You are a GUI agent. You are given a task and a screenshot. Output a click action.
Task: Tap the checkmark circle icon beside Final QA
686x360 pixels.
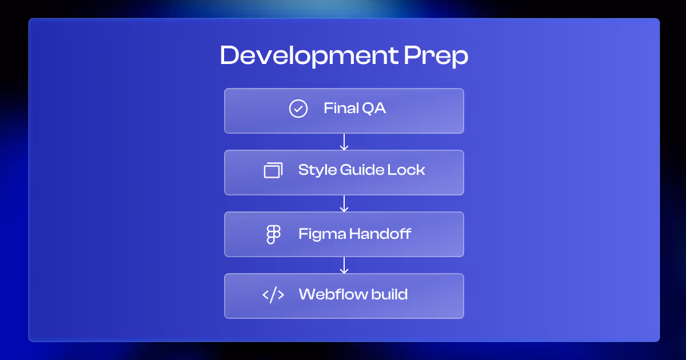coord(298,109)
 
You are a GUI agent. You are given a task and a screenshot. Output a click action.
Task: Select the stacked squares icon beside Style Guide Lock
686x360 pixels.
coord(273,170)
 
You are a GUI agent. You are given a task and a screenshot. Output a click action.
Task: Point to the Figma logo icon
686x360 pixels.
coord(274,234)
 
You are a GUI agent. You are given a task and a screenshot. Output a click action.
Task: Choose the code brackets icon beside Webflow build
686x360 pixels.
coord(273,295)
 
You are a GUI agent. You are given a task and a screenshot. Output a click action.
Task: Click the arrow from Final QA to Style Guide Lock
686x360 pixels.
coord(344,142)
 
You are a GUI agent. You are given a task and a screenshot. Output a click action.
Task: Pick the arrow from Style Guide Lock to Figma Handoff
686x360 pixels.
coord(344,203)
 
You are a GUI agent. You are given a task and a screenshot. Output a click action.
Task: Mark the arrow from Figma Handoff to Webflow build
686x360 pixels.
coord(344,265)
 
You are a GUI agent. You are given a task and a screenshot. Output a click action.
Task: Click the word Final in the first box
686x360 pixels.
coord(338,108)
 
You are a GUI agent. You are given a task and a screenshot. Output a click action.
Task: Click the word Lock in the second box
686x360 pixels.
coord(409,170)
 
